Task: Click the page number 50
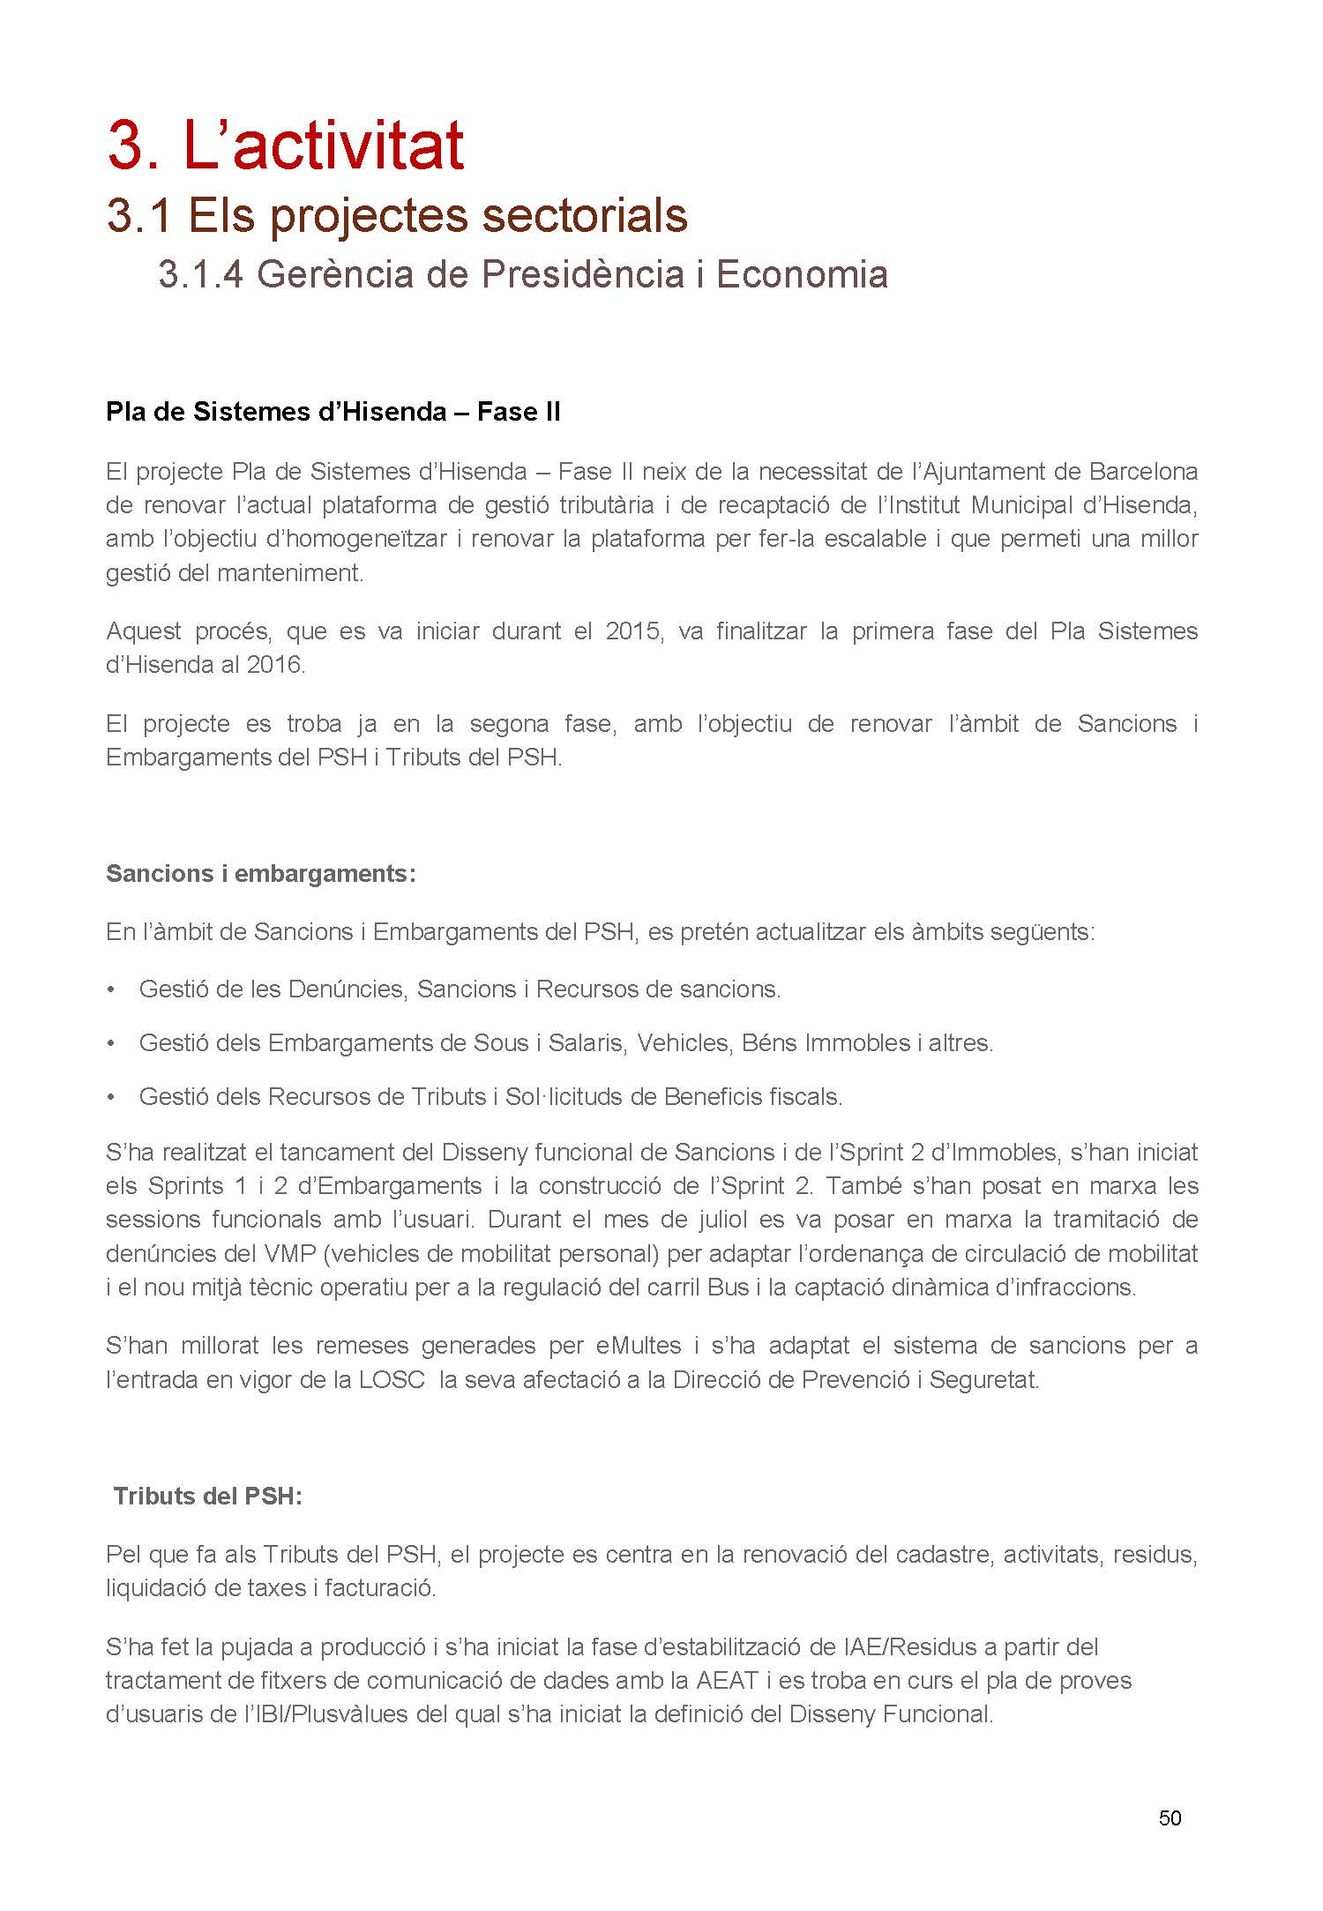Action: (x=1170, y=1818)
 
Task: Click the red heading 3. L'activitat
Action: (x=285, y=146)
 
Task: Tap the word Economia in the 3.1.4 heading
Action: (x=802, y=275)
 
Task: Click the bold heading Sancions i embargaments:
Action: (x=260, y=873)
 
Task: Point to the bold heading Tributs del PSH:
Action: (x=208, y=1497)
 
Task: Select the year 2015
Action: (x=632, y=631)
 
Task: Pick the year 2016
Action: (x=274, y=665)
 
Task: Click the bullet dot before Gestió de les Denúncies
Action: (x=111, y=989)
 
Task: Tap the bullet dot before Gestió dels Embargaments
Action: (x=111, y=1043)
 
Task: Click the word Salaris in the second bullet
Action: (x=587, y=1043)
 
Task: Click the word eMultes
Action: (x=638, y=1346)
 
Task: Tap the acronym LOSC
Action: (x=392, y=1379)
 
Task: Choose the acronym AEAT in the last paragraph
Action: (x=727, y=1680)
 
